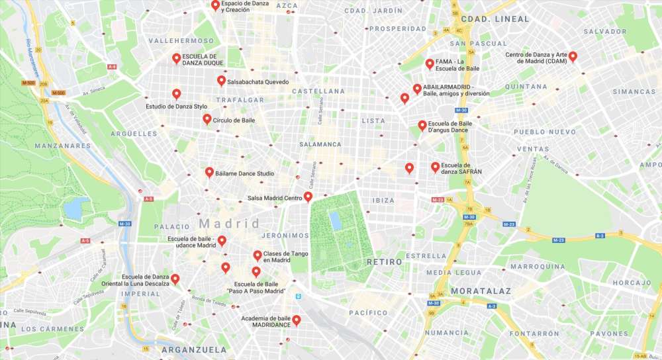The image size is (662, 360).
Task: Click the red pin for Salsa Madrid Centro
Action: (308, 197)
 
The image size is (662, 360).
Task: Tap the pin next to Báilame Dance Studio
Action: (209, 173)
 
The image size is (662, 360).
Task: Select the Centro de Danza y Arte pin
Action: (573, 57)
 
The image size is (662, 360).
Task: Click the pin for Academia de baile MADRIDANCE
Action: (297, 320)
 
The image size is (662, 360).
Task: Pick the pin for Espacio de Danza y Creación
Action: (215, 5)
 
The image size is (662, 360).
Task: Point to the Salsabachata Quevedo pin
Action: (221, 81)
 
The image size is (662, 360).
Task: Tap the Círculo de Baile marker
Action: (207, 119)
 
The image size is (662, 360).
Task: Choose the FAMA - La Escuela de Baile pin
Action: (430, 64)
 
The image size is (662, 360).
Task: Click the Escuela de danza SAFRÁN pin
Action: (435, 167)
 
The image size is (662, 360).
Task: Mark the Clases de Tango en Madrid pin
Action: (258, 255)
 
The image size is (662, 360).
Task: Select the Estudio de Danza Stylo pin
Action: (176, 94)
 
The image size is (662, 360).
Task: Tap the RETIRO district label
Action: (384, 262)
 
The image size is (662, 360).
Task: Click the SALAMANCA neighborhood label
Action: (320, 144)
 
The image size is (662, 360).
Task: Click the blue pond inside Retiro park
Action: (336, 221)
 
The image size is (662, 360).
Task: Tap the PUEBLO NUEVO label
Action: (545, 132)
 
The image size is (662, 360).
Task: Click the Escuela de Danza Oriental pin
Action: (175, 279)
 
